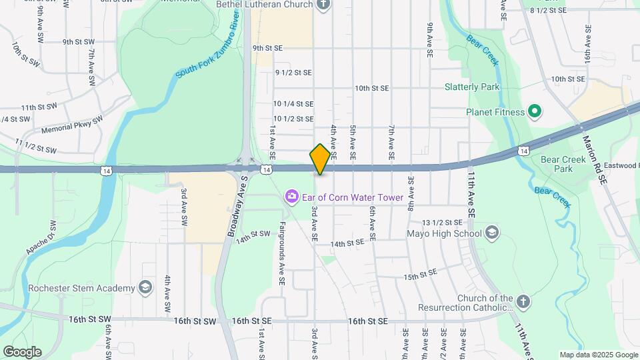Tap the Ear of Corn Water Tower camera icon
click(x=291, y=197)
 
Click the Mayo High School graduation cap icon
click(x=492, y=233)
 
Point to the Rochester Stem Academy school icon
click(x=145, y=288)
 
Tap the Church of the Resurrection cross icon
click(x=523, y=301)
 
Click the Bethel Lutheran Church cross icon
click(x=323, y=5)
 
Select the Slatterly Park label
click(x=472, y=87)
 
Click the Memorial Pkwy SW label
click(x=72, y=125)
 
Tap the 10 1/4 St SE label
click(x=293, y=103)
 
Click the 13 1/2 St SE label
click(x=442, y=222)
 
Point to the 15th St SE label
click(x=419, y=274)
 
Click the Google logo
click(x=22, y=352)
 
